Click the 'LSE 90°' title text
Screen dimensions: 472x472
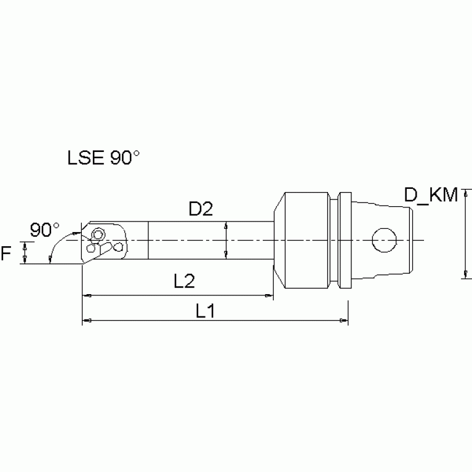pos(103,158)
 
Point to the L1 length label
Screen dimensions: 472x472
pos(205,311)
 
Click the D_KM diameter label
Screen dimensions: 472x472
pos(431,196)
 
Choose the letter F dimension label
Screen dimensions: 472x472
pos(7,252)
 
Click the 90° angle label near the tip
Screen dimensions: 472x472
pos(44,230)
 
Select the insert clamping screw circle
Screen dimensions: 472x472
pos(96,234)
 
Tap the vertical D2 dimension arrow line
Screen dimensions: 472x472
pos(227,240)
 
